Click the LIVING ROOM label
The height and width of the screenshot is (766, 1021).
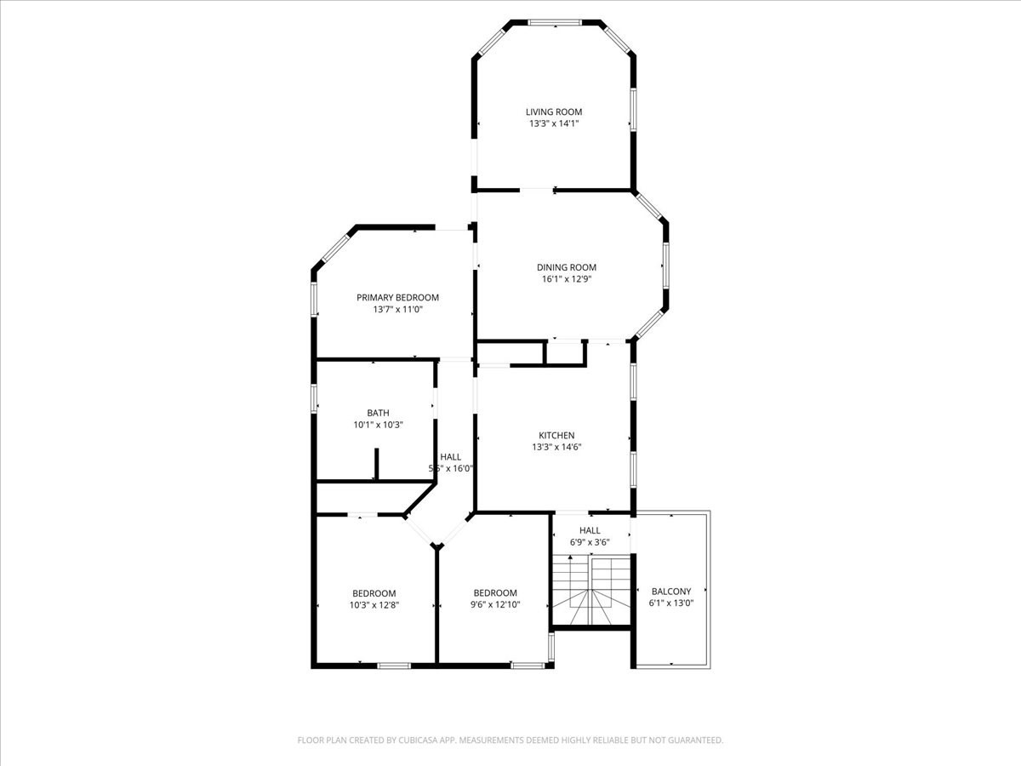[553, 111]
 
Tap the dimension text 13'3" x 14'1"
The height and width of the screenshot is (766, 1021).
[553, 123]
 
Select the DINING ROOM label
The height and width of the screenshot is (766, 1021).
[566, 267]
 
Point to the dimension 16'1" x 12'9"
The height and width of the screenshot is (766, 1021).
[566, 279]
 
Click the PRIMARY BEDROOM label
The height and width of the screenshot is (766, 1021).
[397, 297]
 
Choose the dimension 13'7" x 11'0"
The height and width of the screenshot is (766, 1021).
[397, 310]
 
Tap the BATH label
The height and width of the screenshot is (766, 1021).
[378, 413]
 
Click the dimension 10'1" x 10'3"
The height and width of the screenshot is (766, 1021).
[378, 425]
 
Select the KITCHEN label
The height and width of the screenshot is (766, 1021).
[556, 435]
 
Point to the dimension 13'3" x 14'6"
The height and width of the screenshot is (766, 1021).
[556, 447]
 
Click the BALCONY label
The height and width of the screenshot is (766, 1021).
[671, 592]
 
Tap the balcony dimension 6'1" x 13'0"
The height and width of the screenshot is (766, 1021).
[671, 603]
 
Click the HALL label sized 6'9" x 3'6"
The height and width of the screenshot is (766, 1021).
[590, 530]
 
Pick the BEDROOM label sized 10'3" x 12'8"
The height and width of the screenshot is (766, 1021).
[374, 593]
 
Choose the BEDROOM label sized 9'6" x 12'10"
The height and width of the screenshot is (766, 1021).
[495, 593]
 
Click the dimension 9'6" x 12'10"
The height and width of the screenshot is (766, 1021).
[495, 605]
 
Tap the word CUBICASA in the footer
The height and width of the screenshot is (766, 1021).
[421, 740]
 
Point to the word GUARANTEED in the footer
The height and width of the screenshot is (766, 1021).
[693, 740]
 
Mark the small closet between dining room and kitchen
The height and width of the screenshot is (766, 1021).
[564, 352]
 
